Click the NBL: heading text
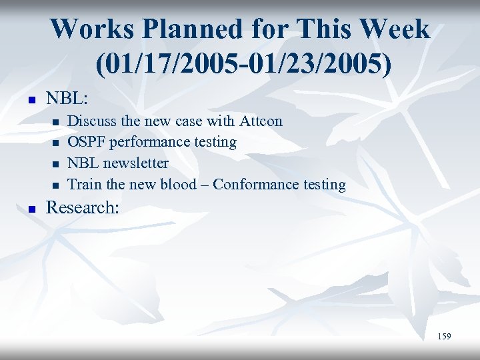[x=67, y=98]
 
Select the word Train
[x=84, y=185]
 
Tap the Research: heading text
[x=82, y=207]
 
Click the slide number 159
[x=444, y=337]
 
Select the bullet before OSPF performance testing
[x=55, y=143]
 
